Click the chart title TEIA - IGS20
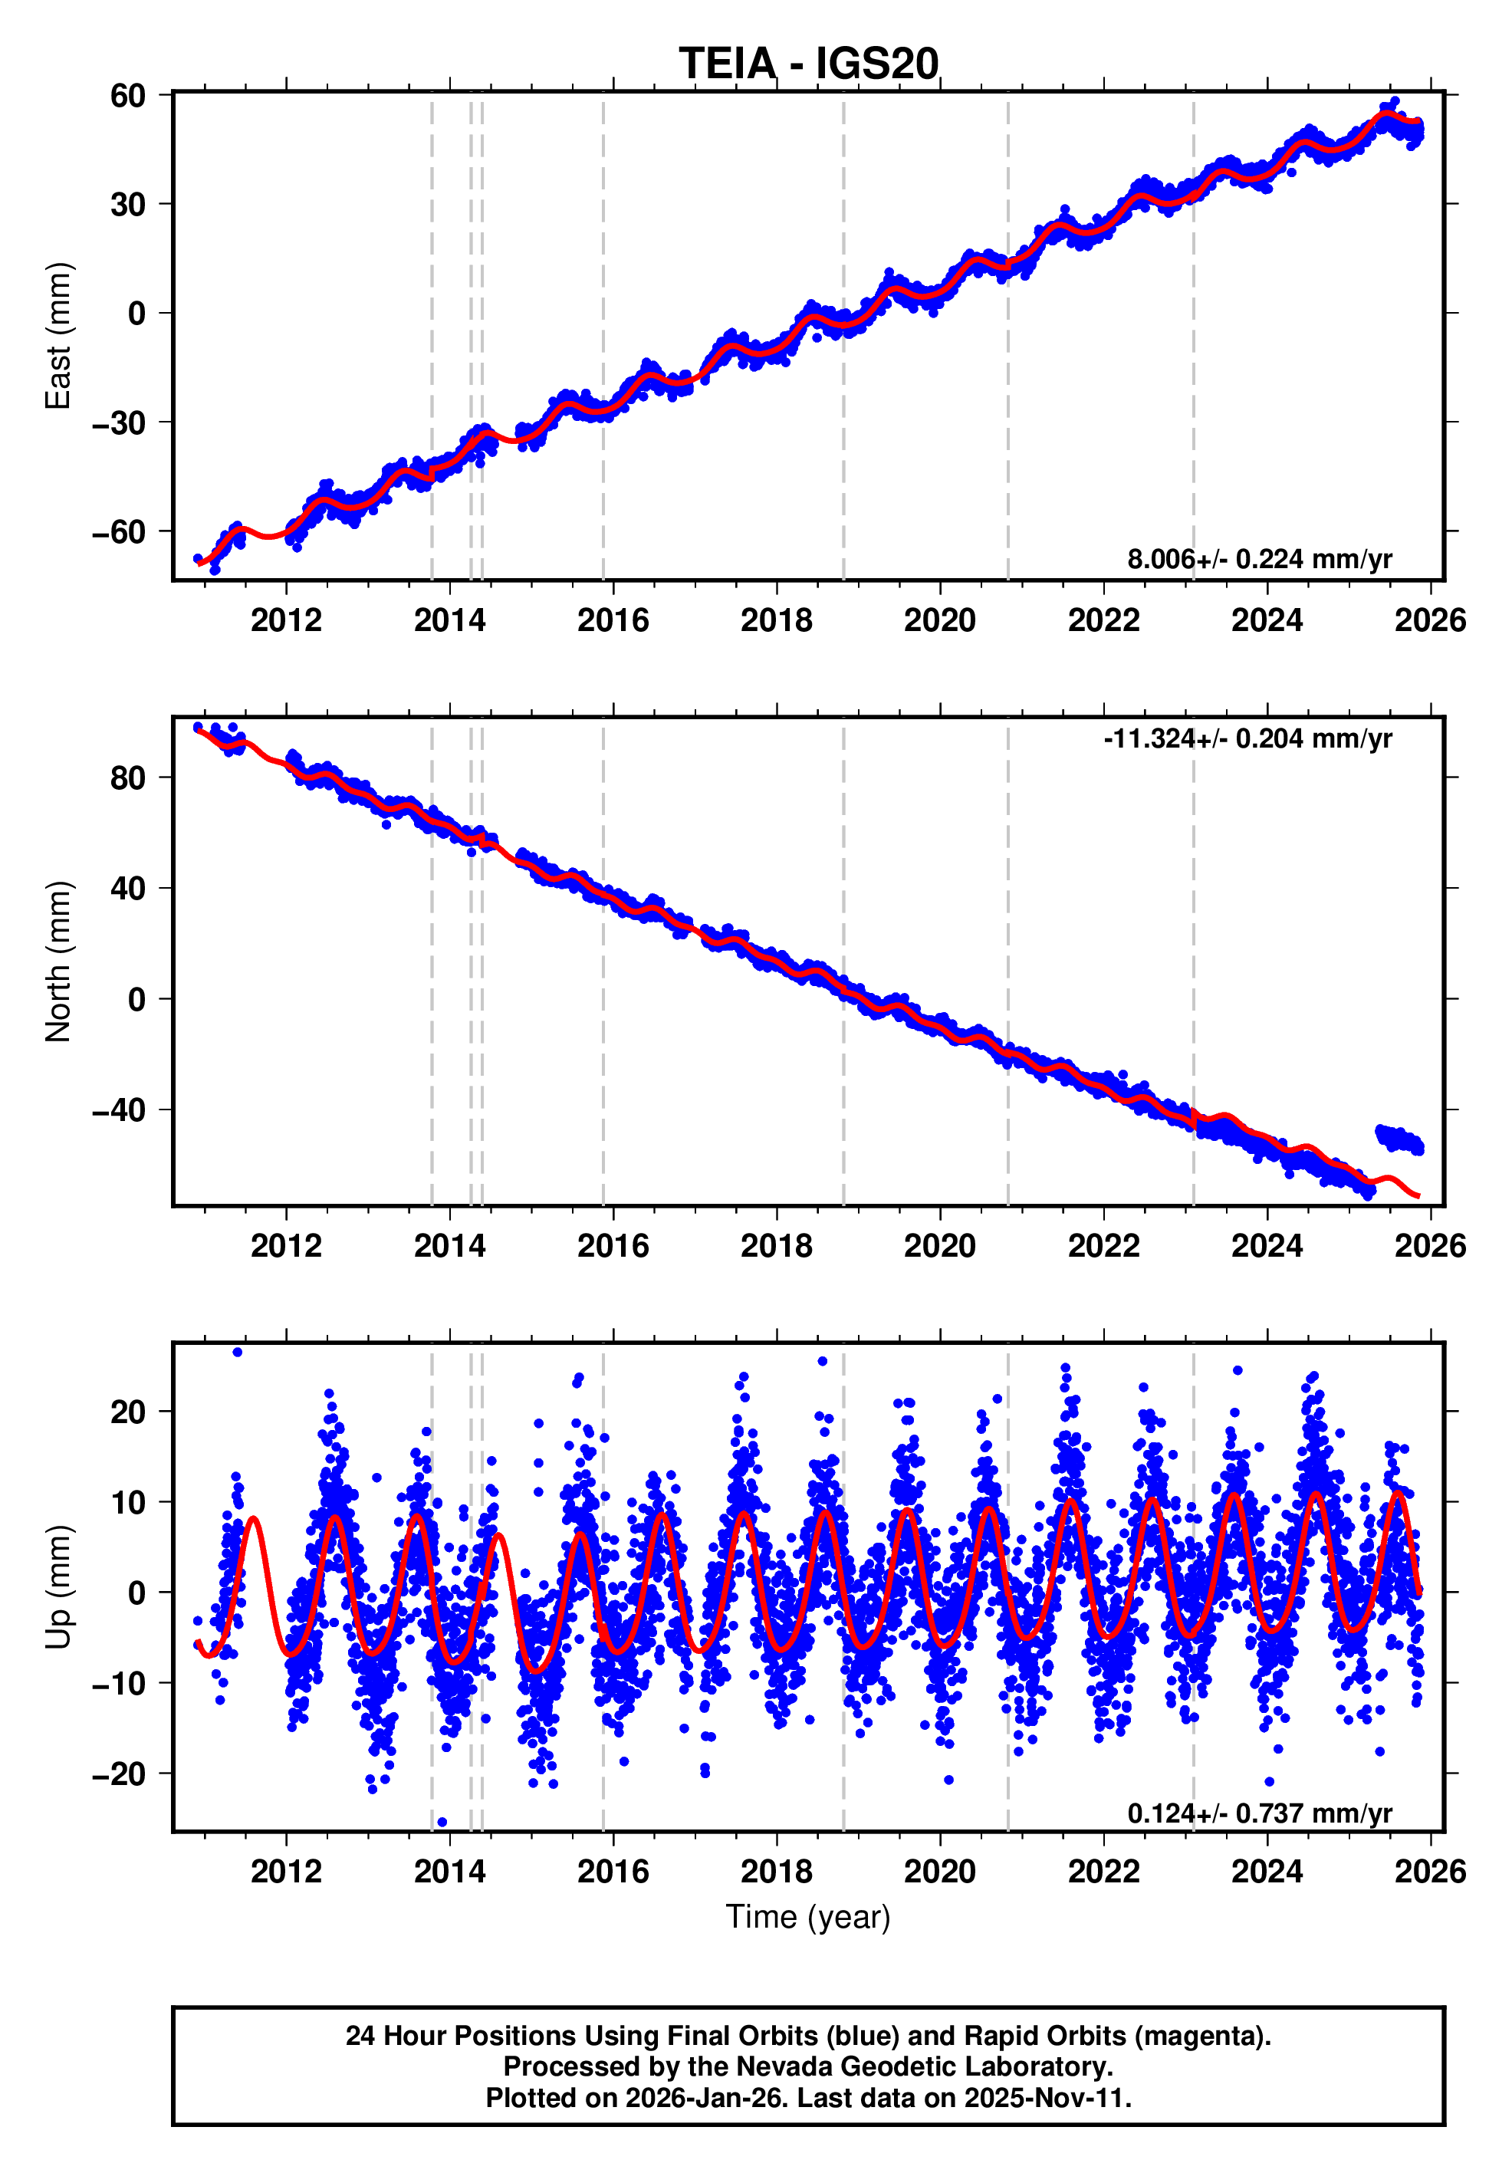(x=808, y=64)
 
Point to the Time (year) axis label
(x=808, y=1916)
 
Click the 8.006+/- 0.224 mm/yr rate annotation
(x=1258, y=559)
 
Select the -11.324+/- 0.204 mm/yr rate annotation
(x=1247, y=738)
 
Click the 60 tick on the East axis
(x=128, y=96)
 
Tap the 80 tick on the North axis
(x=128, y=778)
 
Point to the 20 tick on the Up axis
(x=128, y=1412)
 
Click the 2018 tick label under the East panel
(x=776, y=621)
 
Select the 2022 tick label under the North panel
(x=1103, y=1247)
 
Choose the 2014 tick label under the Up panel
(x=449, y=1872)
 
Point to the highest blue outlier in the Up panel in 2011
(x=238, y=1353)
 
